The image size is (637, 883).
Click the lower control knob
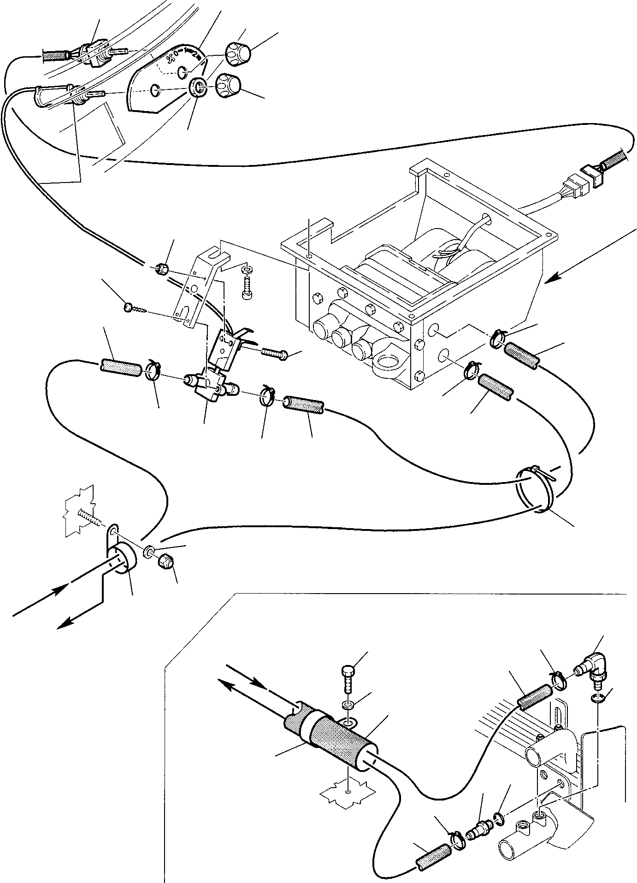point(229,85)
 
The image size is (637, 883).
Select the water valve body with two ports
point(210,384)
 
